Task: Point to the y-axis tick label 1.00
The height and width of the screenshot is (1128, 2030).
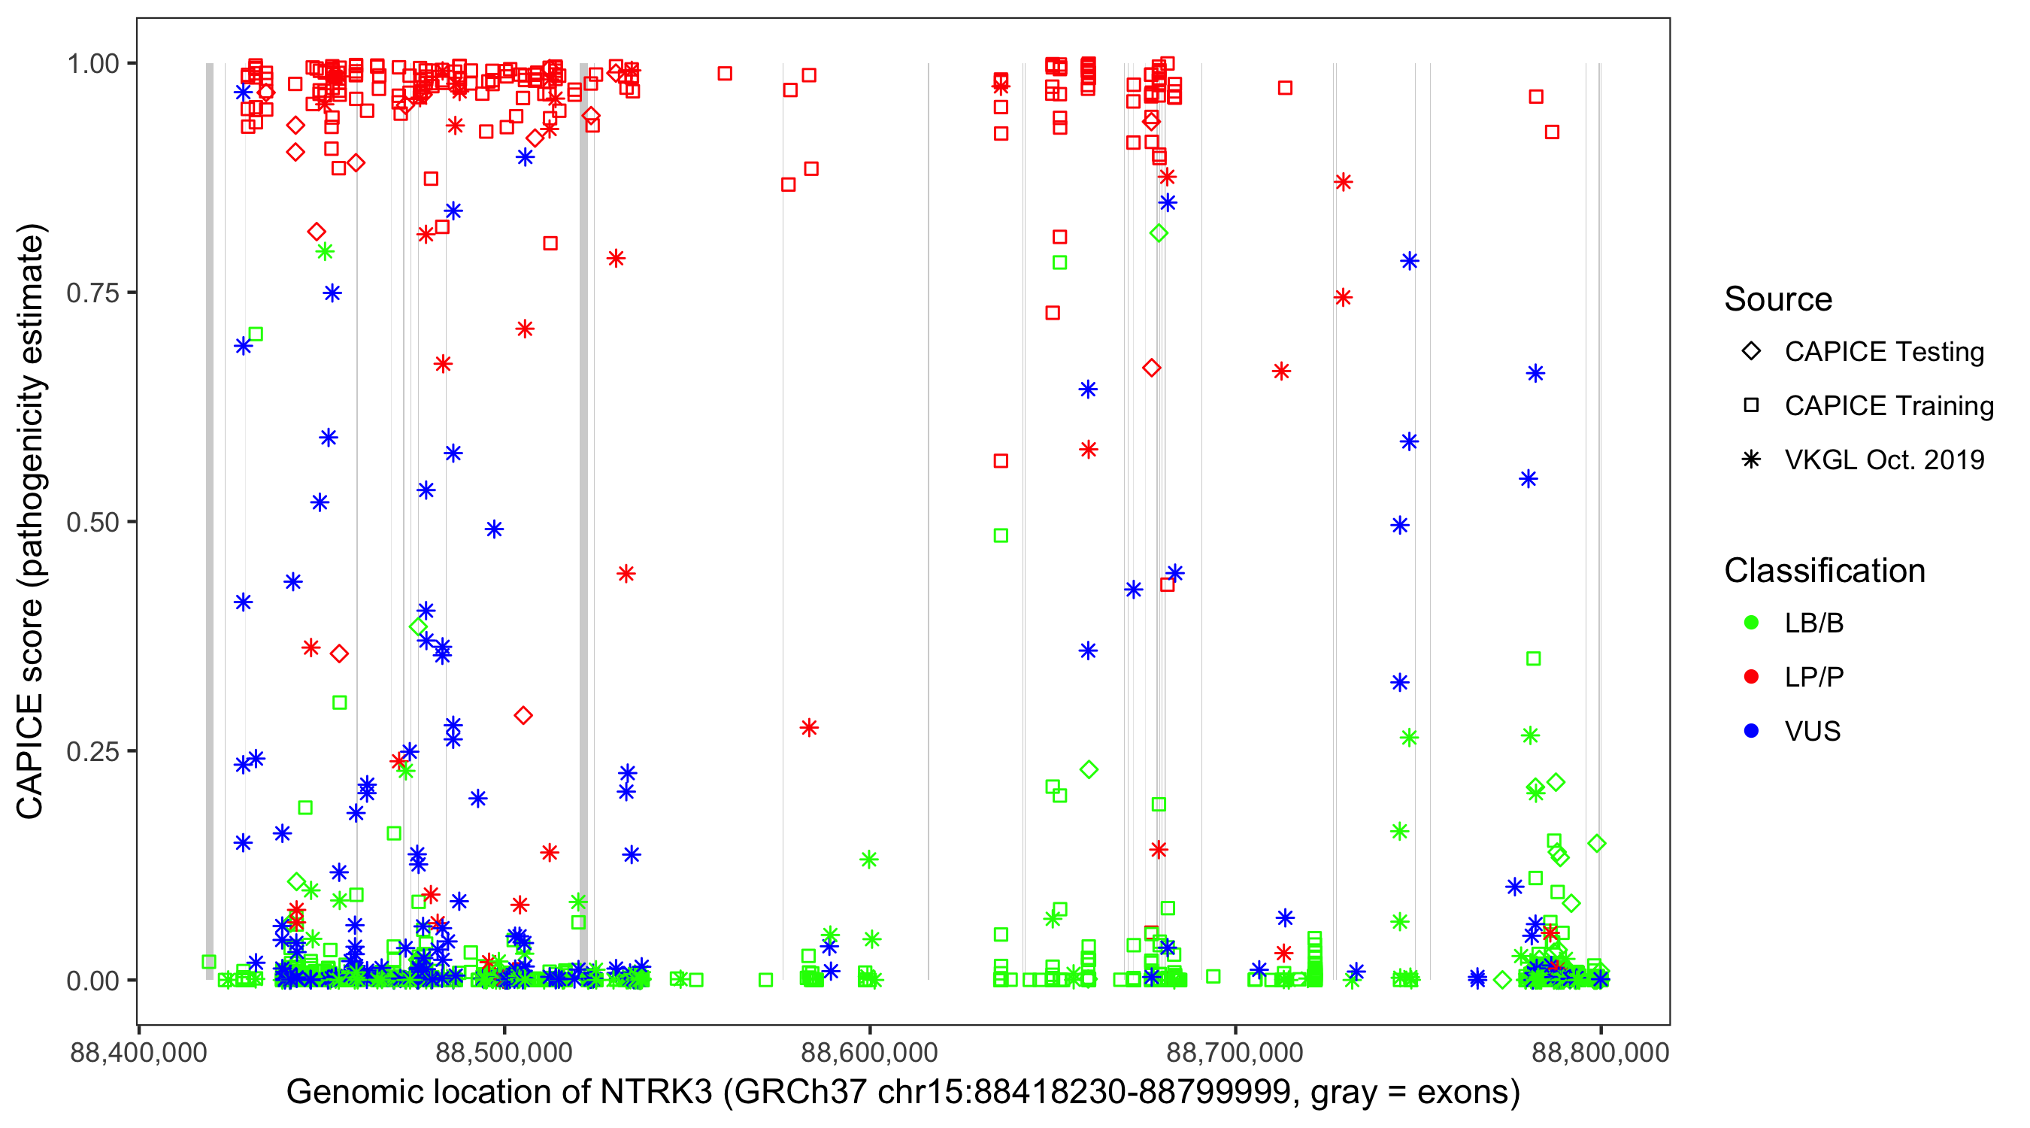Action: click(92, 63)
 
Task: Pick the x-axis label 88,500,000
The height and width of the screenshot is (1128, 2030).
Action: click(504, 1052)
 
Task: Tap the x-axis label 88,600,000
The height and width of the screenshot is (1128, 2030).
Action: click(869, 1052)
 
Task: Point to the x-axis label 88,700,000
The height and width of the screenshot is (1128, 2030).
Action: click(1234, 1052)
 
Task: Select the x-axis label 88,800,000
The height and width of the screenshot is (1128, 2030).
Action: click(1600, 1052)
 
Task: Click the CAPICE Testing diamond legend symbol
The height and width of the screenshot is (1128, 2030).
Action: click(1751, 350)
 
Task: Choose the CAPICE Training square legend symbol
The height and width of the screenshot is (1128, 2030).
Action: click(1751, 405)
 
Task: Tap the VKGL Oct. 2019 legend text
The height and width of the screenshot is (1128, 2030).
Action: click(1884, 459)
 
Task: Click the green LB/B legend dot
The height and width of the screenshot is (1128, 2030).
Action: click(1751, 623)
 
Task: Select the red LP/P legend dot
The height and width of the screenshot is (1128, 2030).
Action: click(1751, 677)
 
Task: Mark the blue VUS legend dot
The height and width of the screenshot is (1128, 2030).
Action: click(1751, 731)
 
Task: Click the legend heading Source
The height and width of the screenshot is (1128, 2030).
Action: click(1778, 299)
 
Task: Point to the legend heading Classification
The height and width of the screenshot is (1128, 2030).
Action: click(1824, 571)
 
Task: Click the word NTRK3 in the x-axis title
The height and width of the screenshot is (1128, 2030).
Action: click(656, 1093)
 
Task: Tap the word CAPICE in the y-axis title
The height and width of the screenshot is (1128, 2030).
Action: click(30, 757)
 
